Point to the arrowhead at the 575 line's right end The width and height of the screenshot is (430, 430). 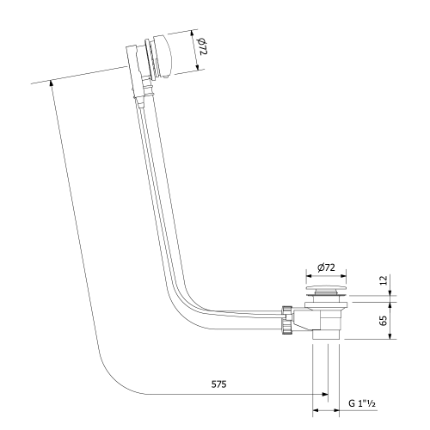coord(325,395)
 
